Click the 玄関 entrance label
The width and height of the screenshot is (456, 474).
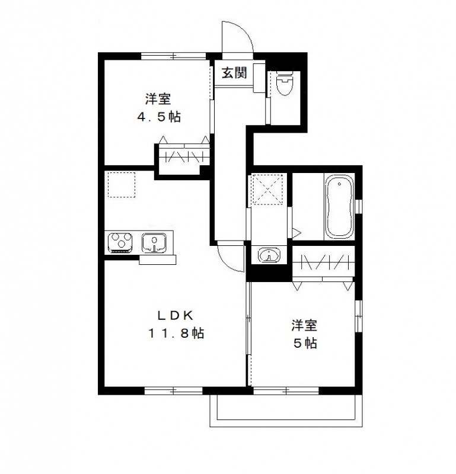(234, 73)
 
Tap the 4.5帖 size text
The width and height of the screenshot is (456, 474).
(159, 117)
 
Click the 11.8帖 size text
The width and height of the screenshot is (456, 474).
(176, 334)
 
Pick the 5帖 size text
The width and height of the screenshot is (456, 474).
(304, 343)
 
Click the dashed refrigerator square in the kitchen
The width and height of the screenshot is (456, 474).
(122, 185)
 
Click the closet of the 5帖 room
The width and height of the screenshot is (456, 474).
(324, 262)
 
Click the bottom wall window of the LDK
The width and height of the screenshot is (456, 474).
(173, 390)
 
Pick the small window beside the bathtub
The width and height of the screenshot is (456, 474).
(359, 206)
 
